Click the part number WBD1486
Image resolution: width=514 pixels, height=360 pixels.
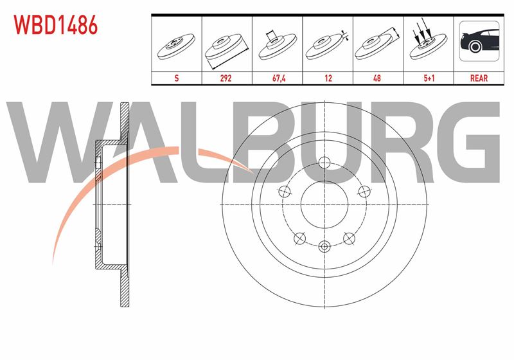(55, 25)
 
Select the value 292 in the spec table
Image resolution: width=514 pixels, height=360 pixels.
(226, 78)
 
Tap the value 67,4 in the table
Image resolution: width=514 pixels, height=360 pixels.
(279, 78)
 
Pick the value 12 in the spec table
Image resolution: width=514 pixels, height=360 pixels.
(328, 78)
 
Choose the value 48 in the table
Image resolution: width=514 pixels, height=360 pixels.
(377, 78)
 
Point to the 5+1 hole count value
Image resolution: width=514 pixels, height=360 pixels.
(429, 78)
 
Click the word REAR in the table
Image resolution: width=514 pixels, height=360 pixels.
(479, 78)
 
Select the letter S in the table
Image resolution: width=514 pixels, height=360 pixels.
(177, 78)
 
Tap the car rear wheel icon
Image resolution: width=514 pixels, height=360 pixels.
(479, 41)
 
